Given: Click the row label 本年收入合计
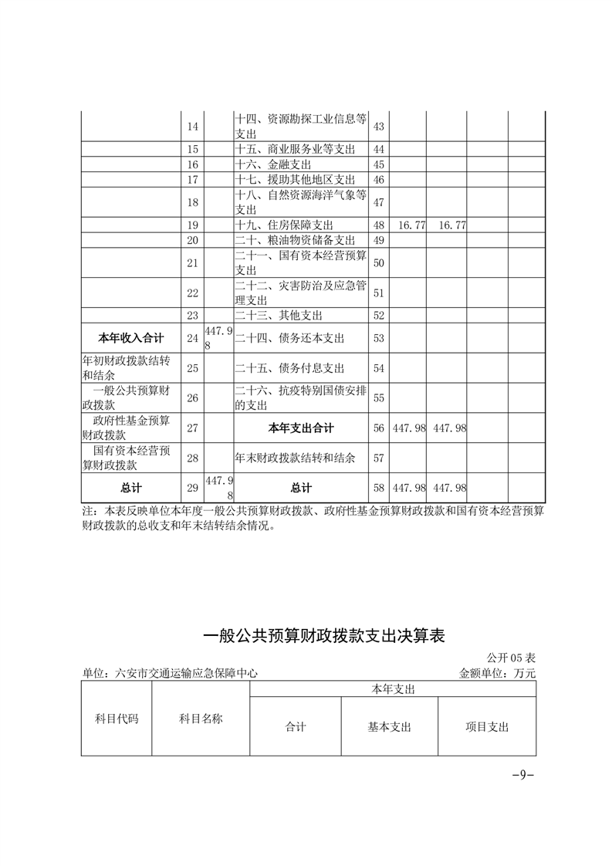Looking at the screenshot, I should [x=130, y=337].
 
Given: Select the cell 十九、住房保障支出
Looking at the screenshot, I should [x=284, y=225].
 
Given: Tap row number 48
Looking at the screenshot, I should [x=378, y=225].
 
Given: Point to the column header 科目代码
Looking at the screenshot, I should [x=117, y=719].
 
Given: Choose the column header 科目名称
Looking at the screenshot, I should [x=201, y=719].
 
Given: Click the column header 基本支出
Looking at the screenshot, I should [x=390, y=727].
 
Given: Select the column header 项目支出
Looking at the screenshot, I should [x=487, y=727].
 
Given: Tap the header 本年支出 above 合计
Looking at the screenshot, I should [x=393, y=689].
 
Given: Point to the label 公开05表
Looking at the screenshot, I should [x=511, y=658].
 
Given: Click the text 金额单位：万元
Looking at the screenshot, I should [x=497, y=673].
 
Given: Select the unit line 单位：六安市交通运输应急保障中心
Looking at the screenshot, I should [x=169, y=673].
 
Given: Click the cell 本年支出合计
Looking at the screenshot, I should [x=301, y=428].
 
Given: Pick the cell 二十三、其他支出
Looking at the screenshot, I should [x=279, y=315].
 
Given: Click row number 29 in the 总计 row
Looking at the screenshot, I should [x=193, y=488].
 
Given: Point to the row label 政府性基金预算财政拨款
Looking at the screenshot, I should [x=130, y=428].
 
